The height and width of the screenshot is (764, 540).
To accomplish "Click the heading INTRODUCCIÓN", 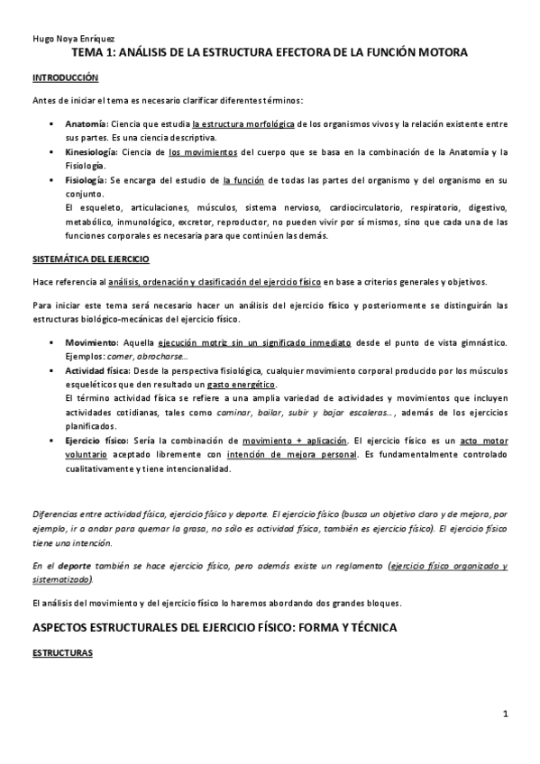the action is pyautogui.click(x=59, y=79).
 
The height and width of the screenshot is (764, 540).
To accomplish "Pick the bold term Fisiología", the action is pyautogui.click(x=87, y=180).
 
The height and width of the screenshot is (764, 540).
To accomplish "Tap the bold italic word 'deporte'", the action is pyautogui.click(x=73, y=567).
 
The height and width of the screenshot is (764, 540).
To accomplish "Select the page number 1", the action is pyautogui.click(x=506, y=714).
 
